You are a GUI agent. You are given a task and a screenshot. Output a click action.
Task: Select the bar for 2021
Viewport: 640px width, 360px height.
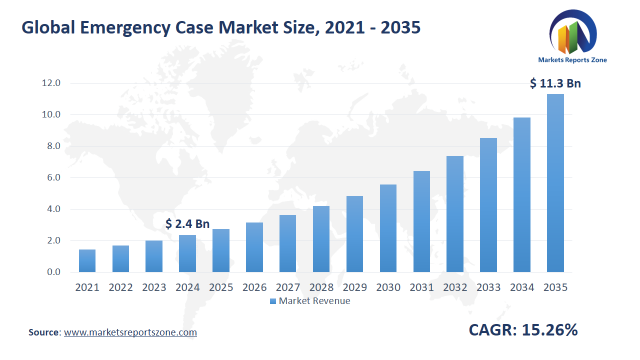click(x=87, y=260)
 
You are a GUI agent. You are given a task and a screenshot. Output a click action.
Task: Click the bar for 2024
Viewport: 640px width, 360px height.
click(x=187, y=253)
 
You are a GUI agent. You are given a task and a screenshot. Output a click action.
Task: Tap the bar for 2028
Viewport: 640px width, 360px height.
click(x=321, y=239)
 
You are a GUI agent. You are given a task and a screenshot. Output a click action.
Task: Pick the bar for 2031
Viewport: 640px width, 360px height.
click(x=421, y=221)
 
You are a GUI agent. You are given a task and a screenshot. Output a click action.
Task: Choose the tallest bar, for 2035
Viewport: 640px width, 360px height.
click(x=555, y=183)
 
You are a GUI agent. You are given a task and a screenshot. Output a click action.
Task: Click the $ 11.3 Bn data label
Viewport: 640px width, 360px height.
click(x=555, y=83)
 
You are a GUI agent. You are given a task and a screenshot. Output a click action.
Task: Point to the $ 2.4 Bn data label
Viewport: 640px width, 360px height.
click(x=187, y=223)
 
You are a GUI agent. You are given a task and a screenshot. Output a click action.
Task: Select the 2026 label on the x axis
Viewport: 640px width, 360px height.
click(x=254, y=287)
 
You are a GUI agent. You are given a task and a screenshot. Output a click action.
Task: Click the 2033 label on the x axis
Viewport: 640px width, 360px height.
click(x=488, y=287)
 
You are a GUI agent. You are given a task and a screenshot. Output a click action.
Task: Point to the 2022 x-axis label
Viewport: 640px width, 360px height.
click(x=120, y=287)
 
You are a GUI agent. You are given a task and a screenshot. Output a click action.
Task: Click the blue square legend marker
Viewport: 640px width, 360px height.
click(x=272, y=301)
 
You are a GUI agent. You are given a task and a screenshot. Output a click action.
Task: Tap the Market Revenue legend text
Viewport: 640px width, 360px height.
click(x=314, y=301)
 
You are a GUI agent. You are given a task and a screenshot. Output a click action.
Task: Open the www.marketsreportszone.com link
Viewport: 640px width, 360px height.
click(x=130, y=332)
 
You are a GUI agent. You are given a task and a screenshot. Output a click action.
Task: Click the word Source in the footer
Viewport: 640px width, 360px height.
click(x=44, y=332)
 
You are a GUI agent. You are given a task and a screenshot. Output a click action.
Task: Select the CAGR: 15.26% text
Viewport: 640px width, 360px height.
click(x=523, y=330)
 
